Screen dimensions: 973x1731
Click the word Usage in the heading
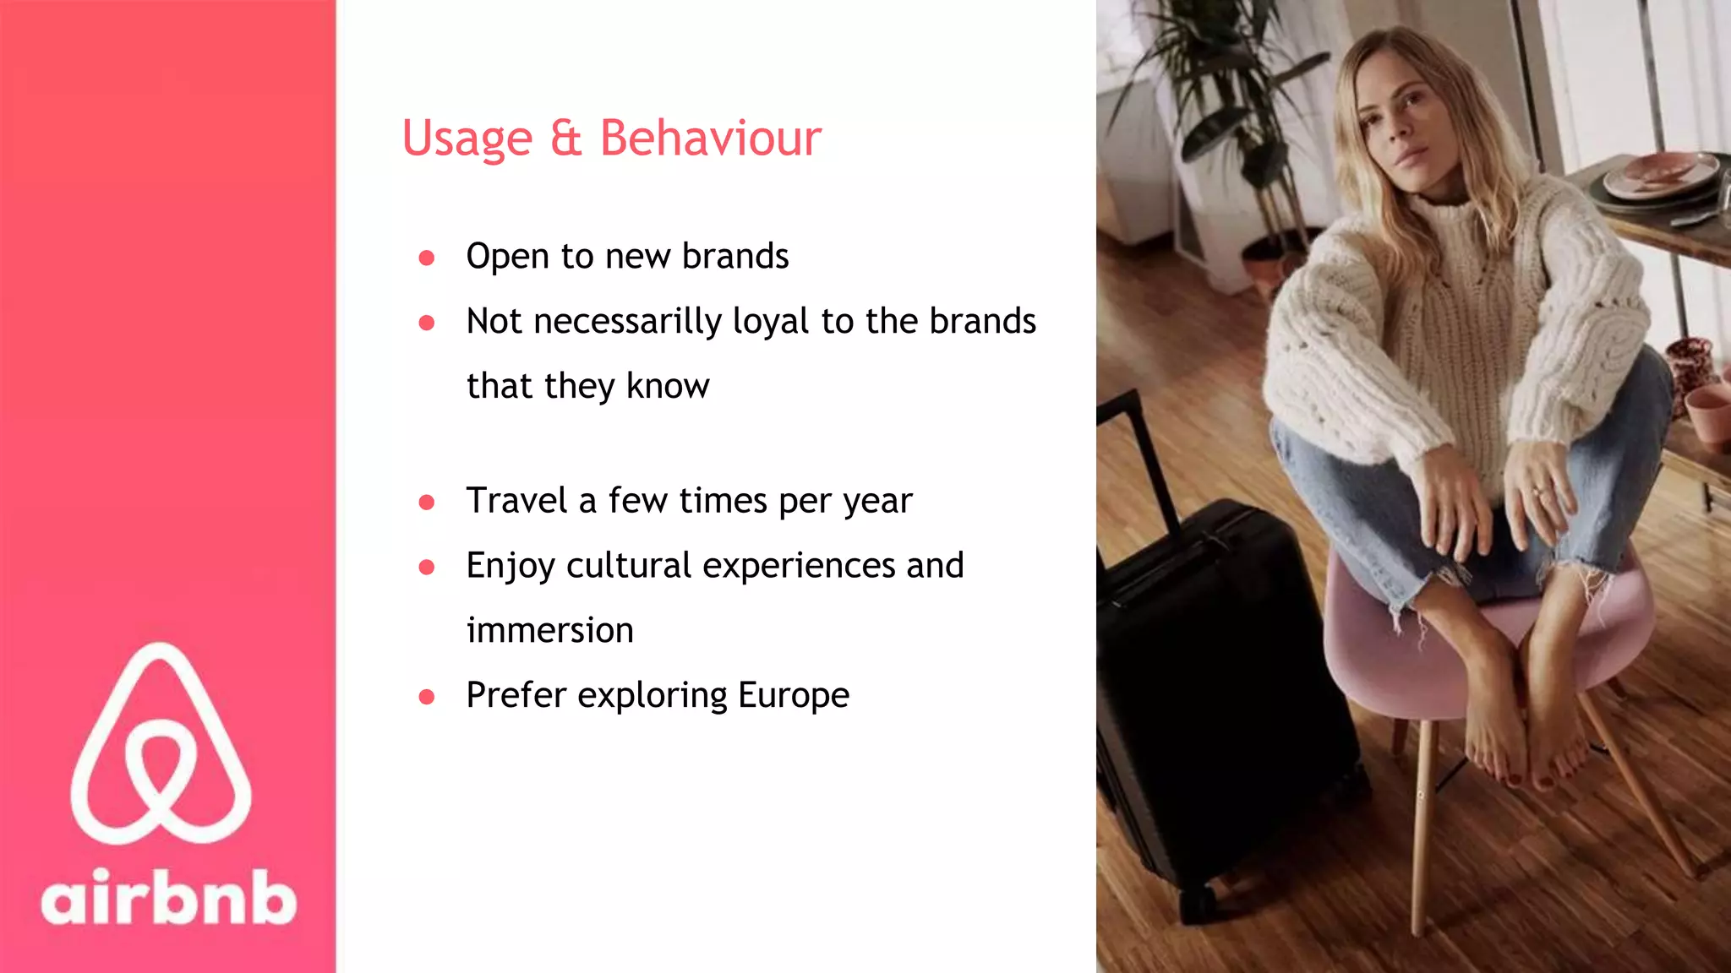click(x=467, y=139)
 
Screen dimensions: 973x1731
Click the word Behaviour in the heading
click(x=710, y=139)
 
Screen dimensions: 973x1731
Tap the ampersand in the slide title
click(x=565, y=139)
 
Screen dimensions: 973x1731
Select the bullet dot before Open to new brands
click(x=427, y=258)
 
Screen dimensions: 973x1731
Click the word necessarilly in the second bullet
click(x=628, y=322)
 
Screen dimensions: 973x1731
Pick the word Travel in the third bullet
click(x=516, y=501)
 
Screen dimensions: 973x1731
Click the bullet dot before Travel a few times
click(x=427, y=503)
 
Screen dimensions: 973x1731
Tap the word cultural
click(x=628, y=566)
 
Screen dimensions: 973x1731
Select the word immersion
click(x=549, y=631)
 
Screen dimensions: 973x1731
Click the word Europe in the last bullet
click(x=793, y=696)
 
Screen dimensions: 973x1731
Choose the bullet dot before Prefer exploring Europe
click(x=427, y=697)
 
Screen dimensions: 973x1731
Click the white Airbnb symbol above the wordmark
click(x=161, y=743)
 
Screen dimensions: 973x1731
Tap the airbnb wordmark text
click(x=169, y=898)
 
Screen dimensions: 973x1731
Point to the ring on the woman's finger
click(x=1537, y=491)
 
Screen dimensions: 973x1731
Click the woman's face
click(x=1399, y=114)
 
